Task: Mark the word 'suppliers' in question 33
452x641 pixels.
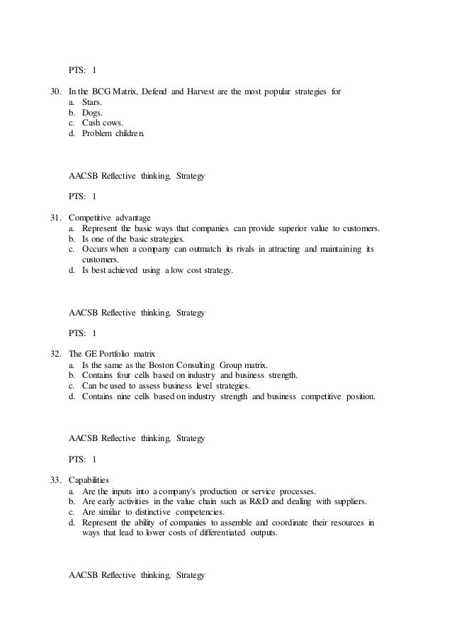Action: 349,501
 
